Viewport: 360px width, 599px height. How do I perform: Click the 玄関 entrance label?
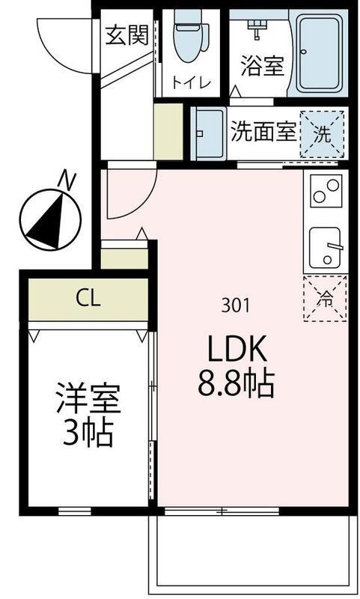click(x=126, y=35)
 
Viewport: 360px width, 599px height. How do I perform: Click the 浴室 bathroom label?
click(x=262, y=66)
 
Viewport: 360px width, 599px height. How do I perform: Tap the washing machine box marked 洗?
click(x=322, y=134)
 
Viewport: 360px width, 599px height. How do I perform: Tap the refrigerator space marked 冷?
click(x=326, y=298)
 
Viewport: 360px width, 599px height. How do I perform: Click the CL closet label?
click(x=88, y=299)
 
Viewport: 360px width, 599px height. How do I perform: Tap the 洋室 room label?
click(x=88, y=401)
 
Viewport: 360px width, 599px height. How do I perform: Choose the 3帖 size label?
click(x=88, y=434)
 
